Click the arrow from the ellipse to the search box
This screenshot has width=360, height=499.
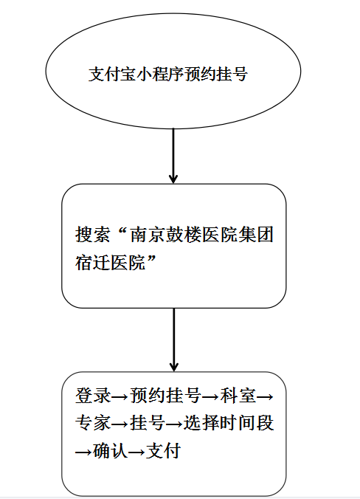click(x=173, y=156)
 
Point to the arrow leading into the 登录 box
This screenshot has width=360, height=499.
click(x=174, y=340)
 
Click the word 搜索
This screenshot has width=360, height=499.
click(x=92, y=235)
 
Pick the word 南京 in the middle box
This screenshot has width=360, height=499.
click(x=148, y=235)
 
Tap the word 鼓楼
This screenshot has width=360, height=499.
click(x=184, y=235)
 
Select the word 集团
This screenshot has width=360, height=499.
click(x=255, y=235)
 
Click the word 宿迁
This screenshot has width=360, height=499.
click(x=92, y=263)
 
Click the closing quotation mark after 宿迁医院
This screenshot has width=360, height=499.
click(x=151, y=259)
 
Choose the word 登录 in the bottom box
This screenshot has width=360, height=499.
click(x=92, y=396)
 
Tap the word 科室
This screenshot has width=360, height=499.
click(x=238, y=396)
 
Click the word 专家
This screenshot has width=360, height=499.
click(x=92, y=423)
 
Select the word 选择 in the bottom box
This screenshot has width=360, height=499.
click(x=201, y=423)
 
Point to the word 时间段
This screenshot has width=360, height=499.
click(x=247, y=423)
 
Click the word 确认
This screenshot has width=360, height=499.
click(x=111, y=451)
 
